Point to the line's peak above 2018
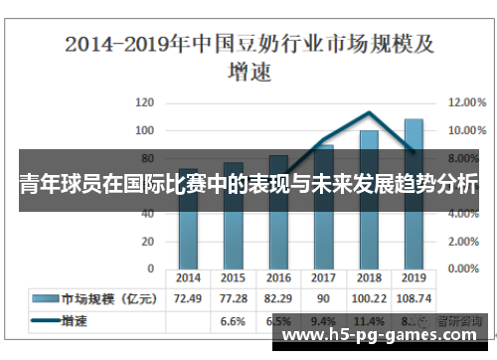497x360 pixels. point(369,113)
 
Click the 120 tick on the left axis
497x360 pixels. point(144,102)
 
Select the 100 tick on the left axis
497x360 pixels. point(144,130)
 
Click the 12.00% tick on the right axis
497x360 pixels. point(465,102)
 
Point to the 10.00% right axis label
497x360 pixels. point(465,130)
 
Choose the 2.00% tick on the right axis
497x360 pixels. point(465,241)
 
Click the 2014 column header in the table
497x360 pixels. point(188,278)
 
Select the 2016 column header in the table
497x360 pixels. point(278,278)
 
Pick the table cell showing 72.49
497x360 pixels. point(188,298)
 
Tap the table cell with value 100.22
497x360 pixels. point(369,298)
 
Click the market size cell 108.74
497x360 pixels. point(414,298)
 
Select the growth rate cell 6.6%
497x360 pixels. point(233,321)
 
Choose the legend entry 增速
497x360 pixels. point(75,321)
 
